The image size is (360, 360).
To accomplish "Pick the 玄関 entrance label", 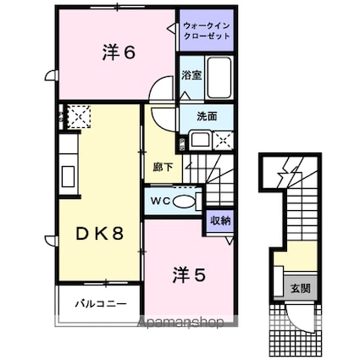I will click(299, 288).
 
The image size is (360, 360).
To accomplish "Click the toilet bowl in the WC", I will click(192, 201).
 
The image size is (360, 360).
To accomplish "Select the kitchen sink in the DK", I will click(67, 179).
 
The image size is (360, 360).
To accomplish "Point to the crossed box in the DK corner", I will click(79, 114).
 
